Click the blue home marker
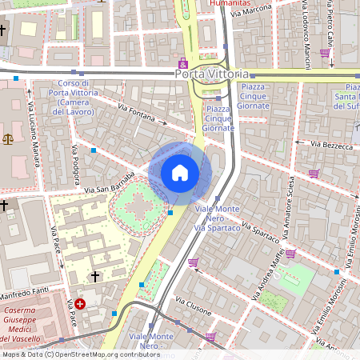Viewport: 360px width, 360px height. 180,172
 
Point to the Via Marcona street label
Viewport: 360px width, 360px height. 251,11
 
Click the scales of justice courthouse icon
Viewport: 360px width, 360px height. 9,138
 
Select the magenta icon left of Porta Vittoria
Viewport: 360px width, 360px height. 183,64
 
